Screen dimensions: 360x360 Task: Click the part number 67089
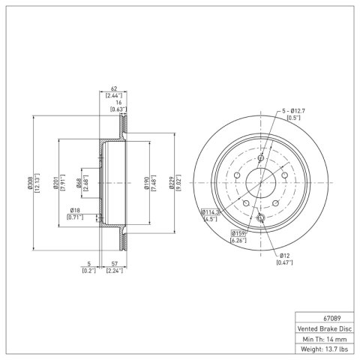pyautogui.click(x=332, y=319)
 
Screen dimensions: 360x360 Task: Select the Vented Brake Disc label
pyautogui.click(x=325, y=328)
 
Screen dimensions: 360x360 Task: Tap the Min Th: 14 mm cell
pyautogui.click(x=325, y=339)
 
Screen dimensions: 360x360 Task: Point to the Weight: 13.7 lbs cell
pyautogui.click(x=325, y=349)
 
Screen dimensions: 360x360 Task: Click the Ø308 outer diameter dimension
pyautogui.click(x=30, y=183)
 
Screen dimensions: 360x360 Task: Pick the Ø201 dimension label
pyautogui.click(x=55, y=183)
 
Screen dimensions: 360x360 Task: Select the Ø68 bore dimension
pyautogui.click(x=79, y=183)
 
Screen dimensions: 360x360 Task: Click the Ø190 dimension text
pyautogui.click(x=147, y=183)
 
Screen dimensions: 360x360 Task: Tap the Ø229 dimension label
pyautogui.click(x=172, y=183)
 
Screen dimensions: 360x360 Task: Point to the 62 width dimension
pyautogui.click(x=114, y=88)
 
